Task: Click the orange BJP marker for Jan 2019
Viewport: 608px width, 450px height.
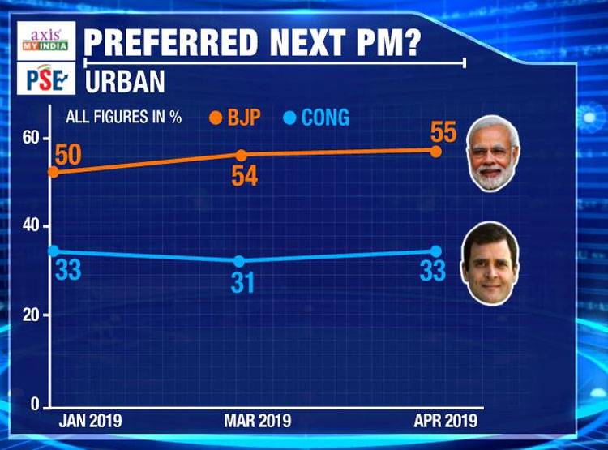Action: pos(54,172)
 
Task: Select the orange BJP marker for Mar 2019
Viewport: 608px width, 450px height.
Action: pos(241,154)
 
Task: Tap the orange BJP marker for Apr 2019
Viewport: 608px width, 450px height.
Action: pos(435,152)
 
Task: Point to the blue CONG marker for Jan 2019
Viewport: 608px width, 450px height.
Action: pos(54,251)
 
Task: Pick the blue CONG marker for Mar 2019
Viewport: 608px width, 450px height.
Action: pos(239,261)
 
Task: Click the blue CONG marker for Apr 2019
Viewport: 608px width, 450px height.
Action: pos(435,251)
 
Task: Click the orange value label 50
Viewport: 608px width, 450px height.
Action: pos(67,154)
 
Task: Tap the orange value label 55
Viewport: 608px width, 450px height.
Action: pos(443,131)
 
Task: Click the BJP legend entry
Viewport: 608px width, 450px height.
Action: pos(235,118)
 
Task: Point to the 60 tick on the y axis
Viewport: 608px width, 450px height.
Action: pos(32,138)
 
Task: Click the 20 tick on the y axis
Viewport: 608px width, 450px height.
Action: pos(32,315)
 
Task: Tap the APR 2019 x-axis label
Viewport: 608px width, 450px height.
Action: pos(446,422)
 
